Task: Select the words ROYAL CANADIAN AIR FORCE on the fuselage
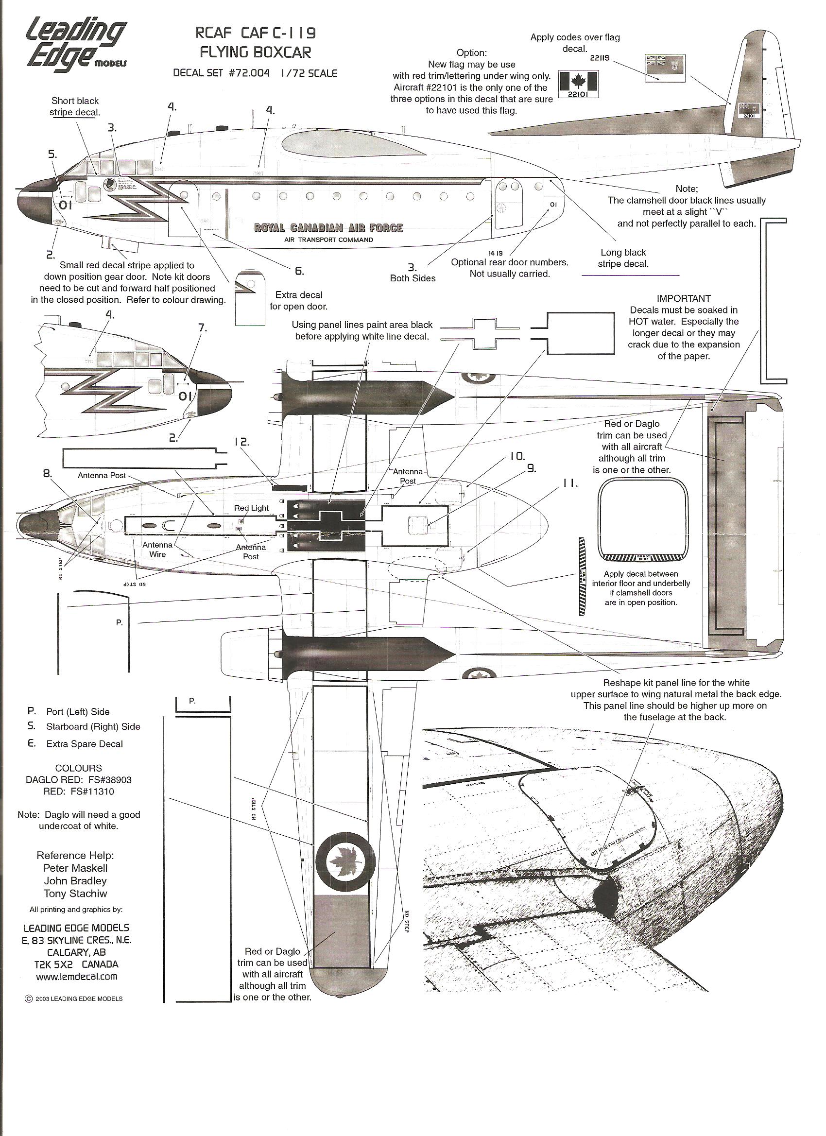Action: [328, 228]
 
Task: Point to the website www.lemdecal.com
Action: [77, 976]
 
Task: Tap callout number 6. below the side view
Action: [299, 271]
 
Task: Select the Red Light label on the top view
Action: [252, 508]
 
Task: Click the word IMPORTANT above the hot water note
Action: [684, 298]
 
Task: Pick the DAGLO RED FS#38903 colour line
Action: [79, 780]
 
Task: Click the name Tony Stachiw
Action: [75, 893]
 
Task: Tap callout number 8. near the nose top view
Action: [47, 473]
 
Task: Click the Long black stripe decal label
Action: [623, 258]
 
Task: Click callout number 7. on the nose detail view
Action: [202, 327]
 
